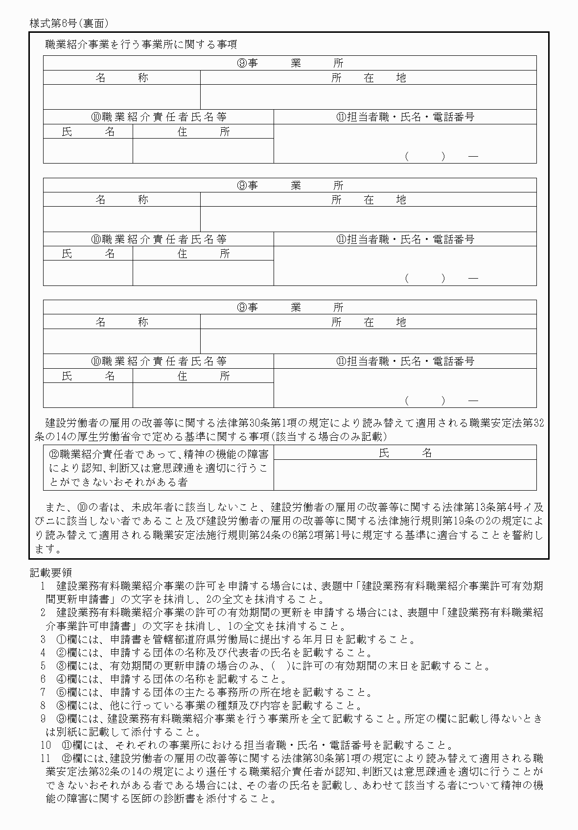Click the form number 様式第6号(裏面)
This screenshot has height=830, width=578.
click(69, 23)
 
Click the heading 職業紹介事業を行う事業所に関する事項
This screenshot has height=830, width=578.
click(141, 45)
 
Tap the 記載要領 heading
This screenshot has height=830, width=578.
click(51, 572)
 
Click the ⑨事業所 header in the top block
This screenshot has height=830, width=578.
click(290, 63)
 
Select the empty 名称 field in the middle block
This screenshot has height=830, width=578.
click(121, 219)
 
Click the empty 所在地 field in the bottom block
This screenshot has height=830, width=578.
click(368, 341)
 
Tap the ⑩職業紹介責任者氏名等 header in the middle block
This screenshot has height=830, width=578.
click(159, 239)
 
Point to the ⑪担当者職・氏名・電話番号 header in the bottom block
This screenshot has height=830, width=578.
click(405, 361)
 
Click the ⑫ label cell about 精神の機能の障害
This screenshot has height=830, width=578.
click(159, 468)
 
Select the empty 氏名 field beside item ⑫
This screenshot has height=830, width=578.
click(405, 475)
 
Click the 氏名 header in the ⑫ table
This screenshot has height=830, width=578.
click(405, 453)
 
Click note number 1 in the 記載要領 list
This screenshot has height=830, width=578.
click(43, 586)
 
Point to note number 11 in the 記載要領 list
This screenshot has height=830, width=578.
click(46, 758)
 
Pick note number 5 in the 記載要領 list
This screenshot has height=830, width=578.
click(43, 665)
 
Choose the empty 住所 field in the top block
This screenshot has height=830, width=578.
click(203, 150)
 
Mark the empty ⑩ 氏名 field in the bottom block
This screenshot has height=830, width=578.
click(88, 395)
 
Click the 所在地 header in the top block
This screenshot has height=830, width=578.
click(368, 77)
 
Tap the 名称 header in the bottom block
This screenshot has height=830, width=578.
click(121, 322)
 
